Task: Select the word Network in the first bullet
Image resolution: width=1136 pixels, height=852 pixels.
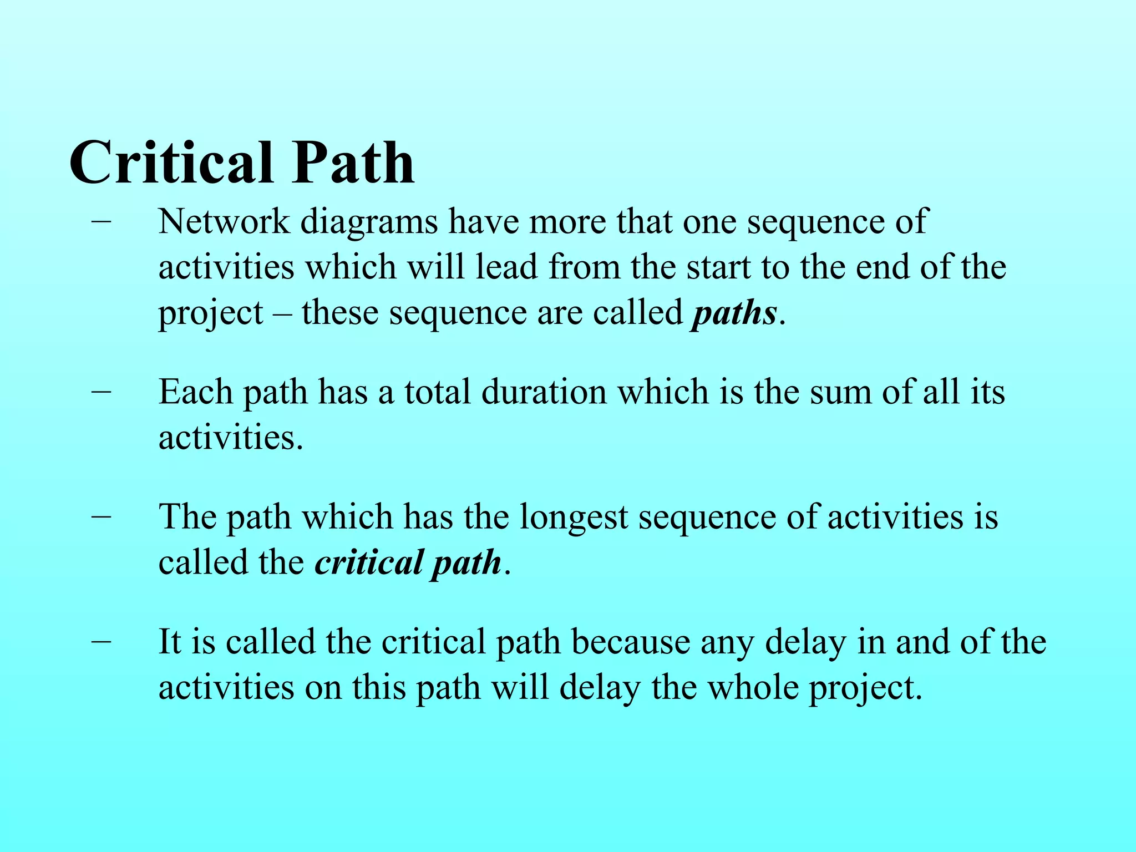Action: click(224, 221)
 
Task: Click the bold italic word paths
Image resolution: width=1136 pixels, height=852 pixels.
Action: click(734, 314)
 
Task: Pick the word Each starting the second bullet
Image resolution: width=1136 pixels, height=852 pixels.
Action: click(195, 392)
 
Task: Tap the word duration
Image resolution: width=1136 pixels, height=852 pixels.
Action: click(544, 392)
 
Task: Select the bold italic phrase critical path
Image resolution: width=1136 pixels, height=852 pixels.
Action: click(408, 562)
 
